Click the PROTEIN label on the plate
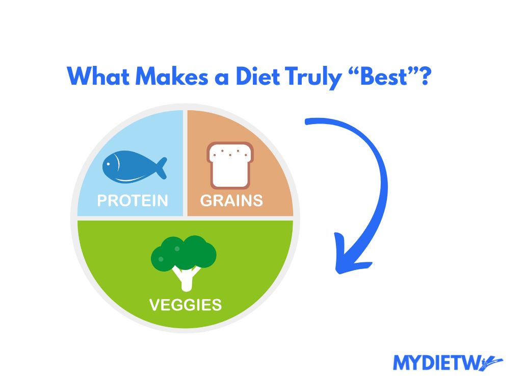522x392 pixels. click(133, 201)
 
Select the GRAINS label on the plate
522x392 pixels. click(231, 201)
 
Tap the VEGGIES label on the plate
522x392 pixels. click(186, 305)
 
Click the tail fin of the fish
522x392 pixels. click(161, 167)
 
